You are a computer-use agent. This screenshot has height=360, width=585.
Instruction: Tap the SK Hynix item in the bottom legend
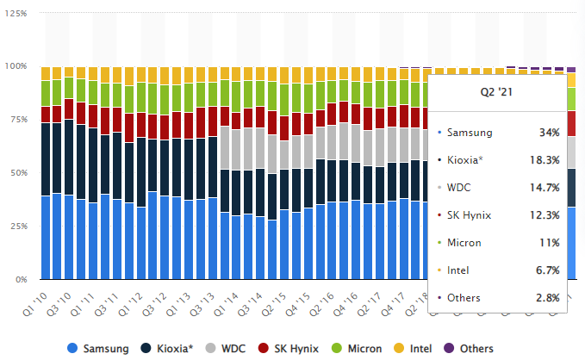coord(294,348)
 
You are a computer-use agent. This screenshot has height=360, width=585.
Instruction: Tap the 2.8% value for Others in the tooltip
coord(547,298)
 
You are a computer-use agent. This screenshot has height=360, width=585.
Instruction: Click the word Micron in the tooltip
coord(464,243)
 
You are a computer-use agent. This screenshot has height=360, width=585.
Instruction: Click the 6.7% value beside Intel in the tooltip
coord(547,270)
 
